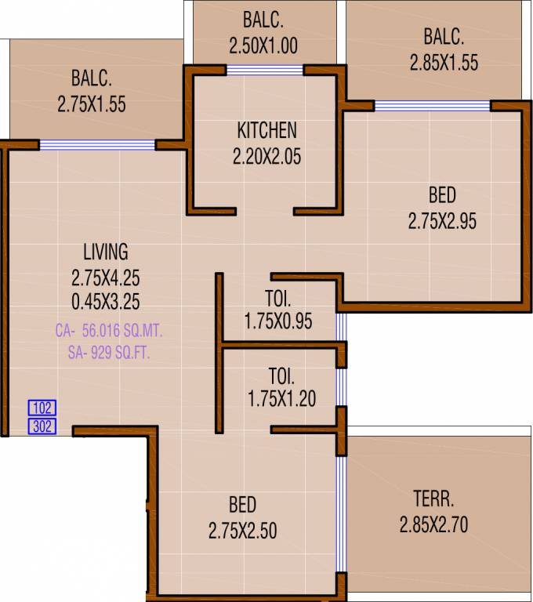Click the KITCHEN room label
click(x=266, y=129)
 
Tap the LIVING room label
click(x=105, y=252)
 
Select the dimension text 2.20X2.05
click(x=266, y=157)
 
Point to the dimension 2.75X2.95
click(x=442, y=222)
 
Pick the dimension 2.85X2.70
click(x=433, y=524)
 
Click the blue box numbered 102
click(x=42, y=408)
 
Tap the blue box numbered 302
click(x=42, y=426)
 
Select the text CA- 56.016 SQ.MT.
click(x=108, y=332)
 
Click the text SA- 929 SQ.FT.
click(x=108, y=354)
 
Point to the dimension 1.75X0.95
click(x=278, y=321)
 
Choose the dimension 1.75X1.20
click(x=281, y=399)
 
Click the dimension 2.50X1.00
click(x=263, y=45)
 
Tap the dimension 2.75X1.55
click(x=92, y=103)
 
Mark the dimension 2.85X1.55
click(x=444, y=63)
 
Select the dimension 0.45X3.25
click(x=105, y=301)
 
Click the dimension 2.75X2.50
click(x=242, y=531)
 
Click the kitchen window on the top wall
click(x=265, y=70)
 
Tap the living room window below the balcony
click(x=97, y=144)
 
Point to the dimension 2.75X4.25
click(x=105, y=277)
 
